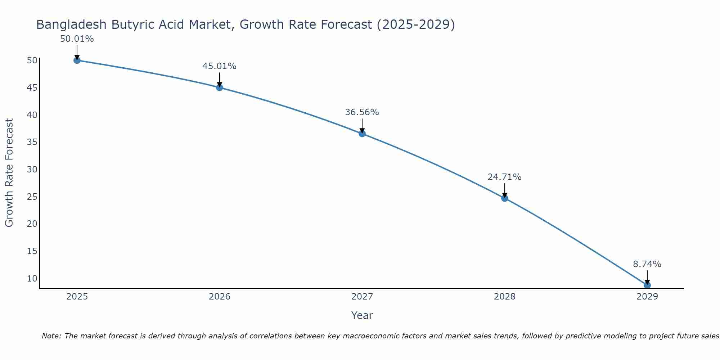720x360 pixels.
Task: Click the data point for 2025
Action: click(77, 60)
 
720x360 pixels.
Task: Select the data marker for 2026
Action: click(220, 87)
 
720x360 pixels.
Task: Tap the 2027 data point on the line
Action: click(362, 134)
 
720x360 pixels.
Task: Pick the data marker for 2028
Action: click(505, 198)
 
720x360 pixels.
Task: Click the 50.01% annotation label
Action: click(77, 39)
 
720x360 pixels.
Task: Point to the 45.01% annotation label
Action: click(219, 66)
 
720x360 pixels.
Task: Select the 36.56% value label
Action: click(362, 112)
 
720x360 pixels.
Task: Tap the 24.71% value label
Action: click(504, 177)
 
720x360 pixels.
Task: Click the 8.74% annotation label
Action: click(647, 264)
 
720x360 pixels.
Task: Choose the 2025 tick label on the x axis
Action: click(77, 297)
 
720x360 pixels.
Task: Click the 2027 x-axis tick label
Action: click(362, 297)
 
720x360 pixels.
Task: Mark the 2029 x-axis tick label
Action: click(647, 297)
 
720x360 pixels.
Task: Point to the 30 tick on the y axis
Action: click(32, 169)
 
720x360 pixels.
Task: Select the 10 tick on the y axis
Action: click(32, 278)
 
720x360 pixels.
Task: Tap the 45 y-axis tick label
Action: click(32, 87)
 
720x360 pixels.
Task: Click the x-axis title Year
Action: click(362, 315)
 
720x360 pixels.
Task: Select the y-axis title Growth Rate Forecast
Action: click(9, 172)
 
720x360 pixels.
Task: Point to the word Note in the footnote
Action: click(51, 336)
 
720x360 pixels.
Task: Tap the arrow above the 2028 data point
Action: click(505, 190)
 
